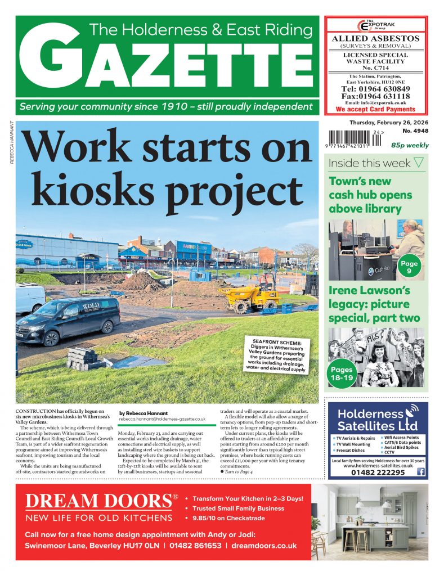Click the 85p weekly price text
pyautogui.click(x=409, y=145)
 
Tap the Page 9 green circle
pyautogui.click(x=409, y=267)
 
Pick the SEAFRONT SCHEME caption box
pyautogui.click(x=276, y=353)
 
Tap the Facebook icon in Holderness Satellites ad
pyautogui.click(x=420, y=472)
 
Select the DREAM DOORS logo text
pyautogui.click(x=98, y=501)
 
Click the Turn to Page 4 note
pyautogui.click(x=239, y=470)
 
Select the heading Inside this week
pyautogui.click(x=370, y=164)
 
